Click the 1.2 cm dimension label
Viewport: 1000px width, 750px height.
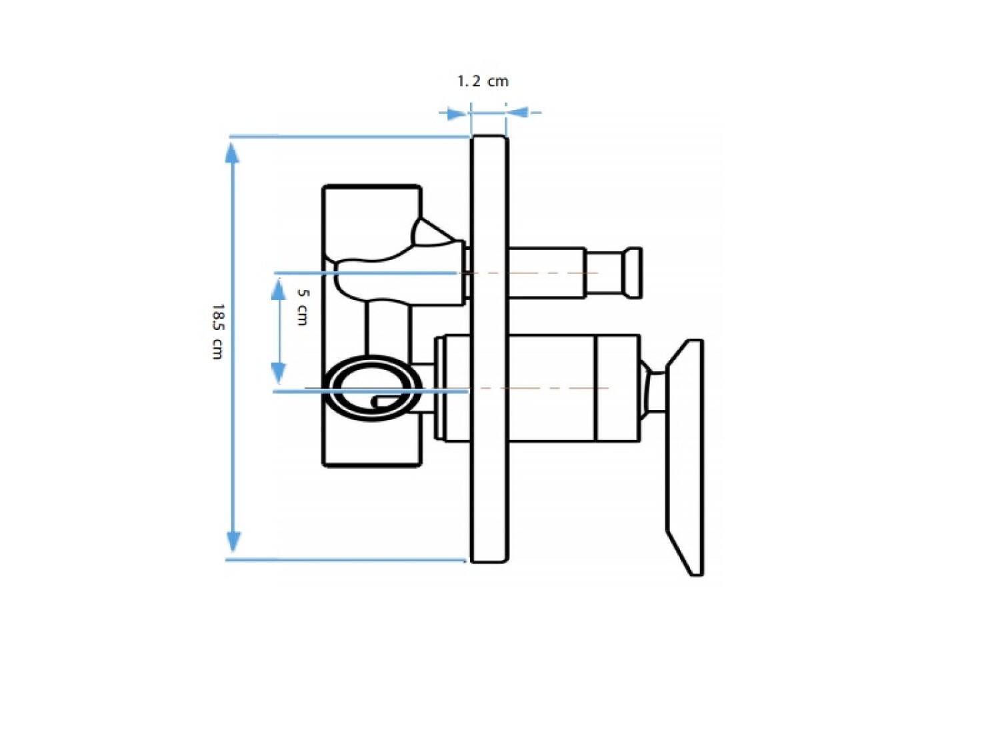pos(483,81)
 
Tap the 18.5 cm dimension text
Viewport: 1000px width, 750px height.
pos(218,331)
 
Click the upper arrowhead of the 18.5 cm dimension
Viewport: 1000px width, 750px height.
pos(233,153)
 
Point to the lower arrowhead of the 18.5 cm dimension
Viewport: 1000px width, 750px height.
pos(233,542)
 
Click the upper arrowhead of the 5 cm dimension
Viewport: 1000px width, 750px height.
pos(279,289)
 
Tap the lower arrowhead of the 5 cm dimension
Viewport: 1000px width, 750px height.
pos(279,373)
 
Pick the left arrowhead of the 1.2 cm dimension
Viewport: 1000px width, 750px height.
pos(456,113)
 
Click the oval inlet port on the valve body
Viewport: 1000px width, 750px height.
pos(371,387)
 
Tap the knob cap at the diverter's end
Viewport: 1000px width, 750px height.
pos(633,273)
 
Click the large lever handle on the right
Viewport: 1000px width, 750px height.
pos(685,457)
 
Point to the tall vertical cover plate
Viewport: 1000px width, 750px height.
pos(489,349)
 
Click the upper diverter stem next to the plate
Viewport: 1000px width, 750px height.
pos(546,273)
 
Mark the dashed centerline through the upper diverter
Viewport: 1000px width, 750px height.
pos(529,273)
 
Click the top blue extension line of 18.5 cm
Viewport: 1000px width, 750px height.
pos(350,136)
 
